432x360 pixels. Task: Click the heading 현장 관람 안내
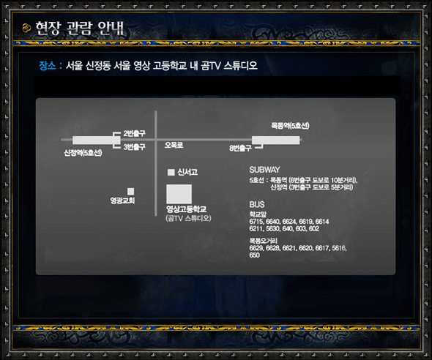point(80,29)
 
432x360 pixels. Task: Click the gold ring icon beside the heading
point(26,28)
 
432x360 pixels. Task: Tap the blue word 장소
point(48,66)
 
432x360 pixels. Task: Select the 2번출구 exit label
point(134,133)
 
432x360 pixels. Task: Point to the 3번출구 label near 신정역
point(134,147)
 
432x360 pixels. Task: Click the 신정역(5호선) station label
point(83,153)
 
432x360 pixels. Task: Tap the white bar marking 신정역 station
point(97,140)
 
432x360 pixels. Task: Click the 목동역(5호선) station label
point(290,126)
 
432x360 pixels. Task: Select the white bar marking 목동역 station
point(276,140)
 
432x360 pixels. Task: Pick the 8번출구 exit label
point(240,149)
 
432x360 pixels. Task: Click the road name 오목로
point(174,145)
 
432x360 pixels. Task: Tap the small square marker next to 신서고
point(171,172)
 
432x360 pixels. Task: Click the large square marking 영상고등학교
point(179,194)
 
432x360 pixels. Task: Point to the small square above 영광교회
point(131,191)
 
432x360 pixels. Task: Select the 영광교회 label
point(122,200)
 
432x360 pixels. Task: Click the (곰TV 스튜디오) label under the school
point(188,218)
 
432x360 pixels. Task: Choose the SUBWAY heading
point(265,170)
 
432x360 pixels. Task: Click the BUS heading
point(257,204)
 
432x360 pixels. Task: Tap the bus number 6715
point(256,222)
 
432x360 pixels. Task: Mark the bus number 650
point(255,255)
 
